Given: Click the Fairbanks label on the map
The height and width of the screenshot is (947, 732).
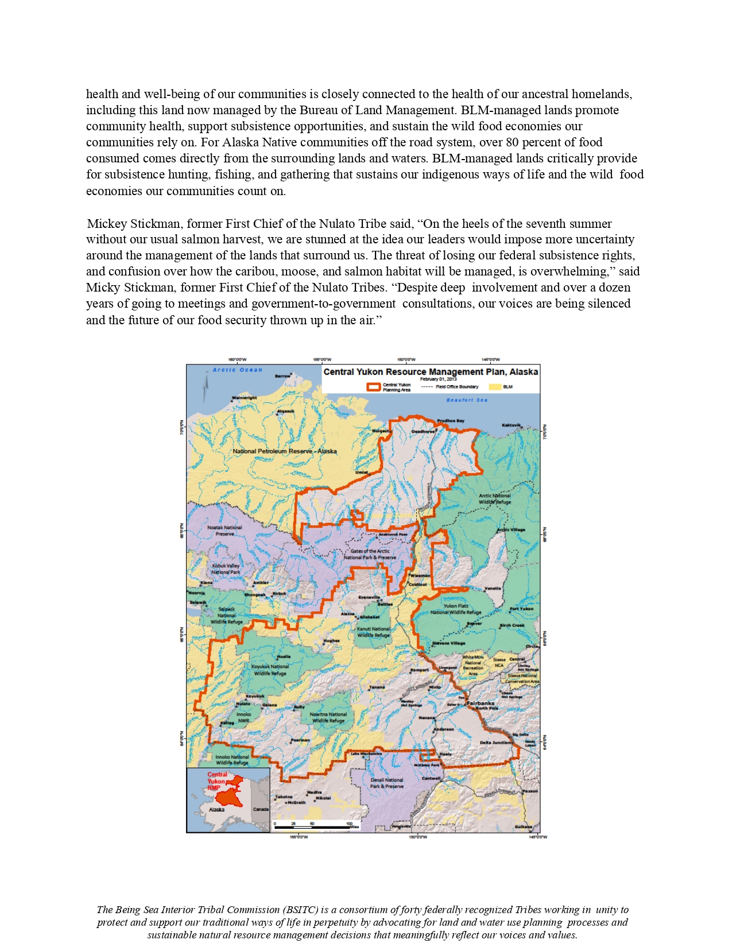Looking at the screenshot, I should tap(480, 703).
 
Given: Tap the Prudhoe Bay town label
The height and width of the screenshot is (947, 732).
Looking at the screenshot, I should tap(450, 421).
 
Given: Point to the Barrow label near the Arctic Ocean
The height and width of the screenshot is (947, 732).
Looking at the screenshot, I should tap(282, 377).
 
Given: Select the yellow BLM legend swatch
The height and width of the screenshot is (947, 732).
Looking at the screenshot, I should tap(494, 387).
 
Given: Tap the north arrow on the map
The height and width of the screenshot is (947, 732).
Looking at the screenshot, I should tap(205, 388).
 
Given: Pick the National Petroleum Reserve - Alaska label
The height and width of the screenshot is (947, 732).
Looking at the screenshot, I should tap(284, 451).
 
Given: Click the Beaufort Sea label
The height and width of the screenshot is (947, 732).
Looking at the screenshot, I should tap(467, 400).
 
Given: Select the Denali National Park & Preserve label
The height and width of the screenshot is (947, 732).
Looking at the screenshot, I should tap(386, 783).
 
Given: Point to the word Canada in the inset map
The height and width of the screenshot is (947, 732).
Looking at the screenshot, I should tap(261, 809).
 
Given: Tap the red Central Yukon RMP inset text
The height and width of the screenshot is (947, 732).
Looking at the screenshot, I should tap(217, 781).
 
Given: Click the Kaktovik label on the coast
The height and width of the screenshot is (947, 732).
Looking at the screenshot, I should tap(511, 425).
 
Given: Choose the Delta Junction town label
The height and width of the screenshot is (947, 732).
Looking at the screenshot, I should tap(495, 743).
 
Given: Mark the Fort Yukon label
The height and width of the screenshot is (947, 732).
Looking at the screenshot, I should tap(521, 609).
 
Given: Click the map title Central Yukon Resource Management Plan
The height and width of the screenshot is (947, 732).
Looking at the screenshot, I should tap(430, 372).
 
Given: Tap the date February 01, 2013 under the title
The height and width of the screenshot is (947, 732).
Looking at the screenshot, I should tap(438, 379).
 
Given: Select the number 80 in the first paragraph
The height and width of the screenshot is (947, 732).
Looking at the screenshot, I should tap(512, 142).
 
